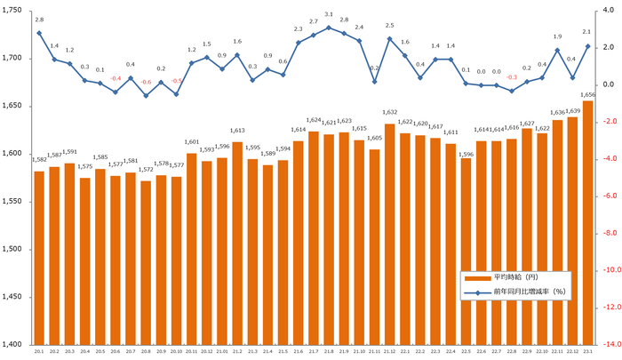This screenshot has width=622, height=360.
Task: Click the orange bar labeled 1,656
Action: coord(587,222)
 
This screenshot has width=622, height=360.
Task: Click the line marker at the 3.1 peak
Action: coord(329,28)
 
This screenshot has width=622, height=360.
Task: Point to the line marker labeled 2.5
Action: coord(390,38)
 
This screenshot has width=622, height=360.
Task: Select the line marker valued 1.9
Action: coord(557,50)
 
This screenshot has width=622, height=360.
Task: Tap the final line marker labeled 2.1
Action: coord(587,46)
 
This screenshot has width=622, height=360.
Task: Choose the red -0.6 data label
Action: coord(146,82)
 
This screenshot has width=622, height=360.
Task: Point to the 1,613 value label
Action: coord(237,131)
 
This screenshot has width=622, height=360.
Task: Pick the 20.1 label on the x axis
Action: coord(39,352)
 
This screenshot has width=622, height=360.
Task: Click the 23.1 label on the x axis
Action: coord(587,352)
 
